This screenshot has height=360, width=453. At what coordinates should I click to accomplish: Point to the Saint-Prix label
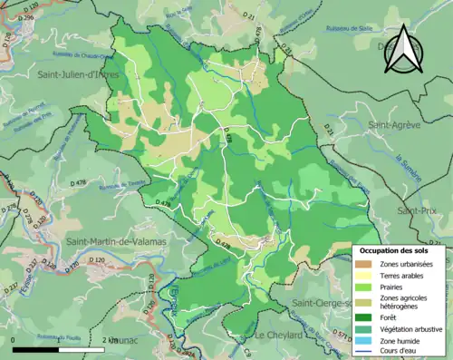(x=417, y=209)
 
